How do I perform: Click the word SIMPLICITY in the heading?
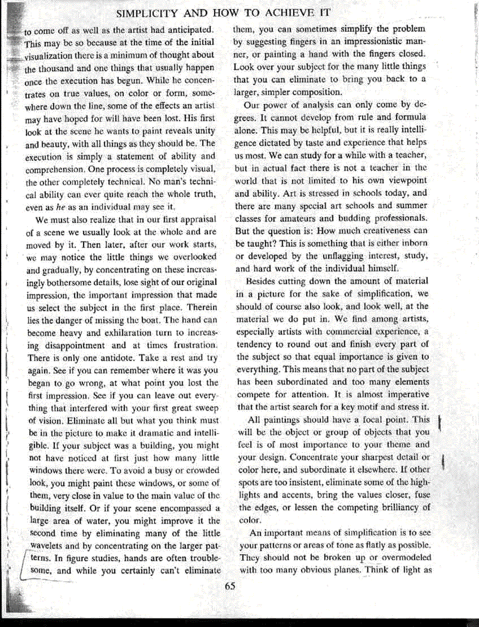(148, 12)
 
